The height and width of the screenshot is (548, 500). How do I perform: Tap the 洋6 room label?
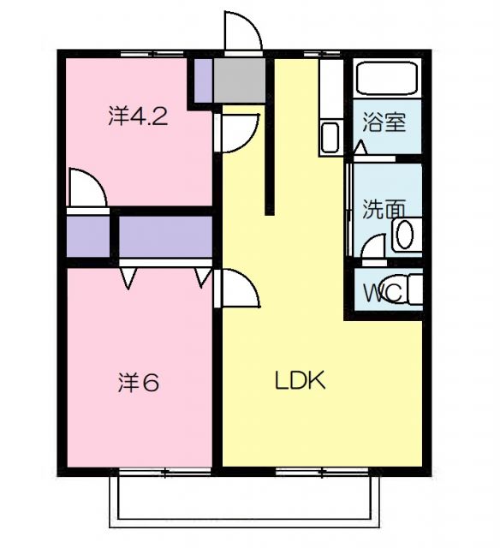[x=138, y=383]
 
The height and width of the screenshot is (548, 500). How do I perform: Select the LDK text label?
[x=300, y=381]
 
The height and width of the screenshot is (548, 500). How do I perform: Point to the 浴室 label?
[x=384, y=122]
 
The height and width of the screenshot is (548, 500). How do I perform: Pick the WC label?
[x=381, y=293]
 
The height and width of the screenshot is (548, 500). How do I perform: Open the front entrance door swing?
[x=242, y=33]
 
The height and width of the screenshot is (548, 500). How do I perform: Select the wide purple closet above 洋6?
[x=165, y=235]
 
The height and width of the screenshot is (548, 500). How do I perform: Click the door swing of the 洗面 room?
[x=374, y=248]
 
